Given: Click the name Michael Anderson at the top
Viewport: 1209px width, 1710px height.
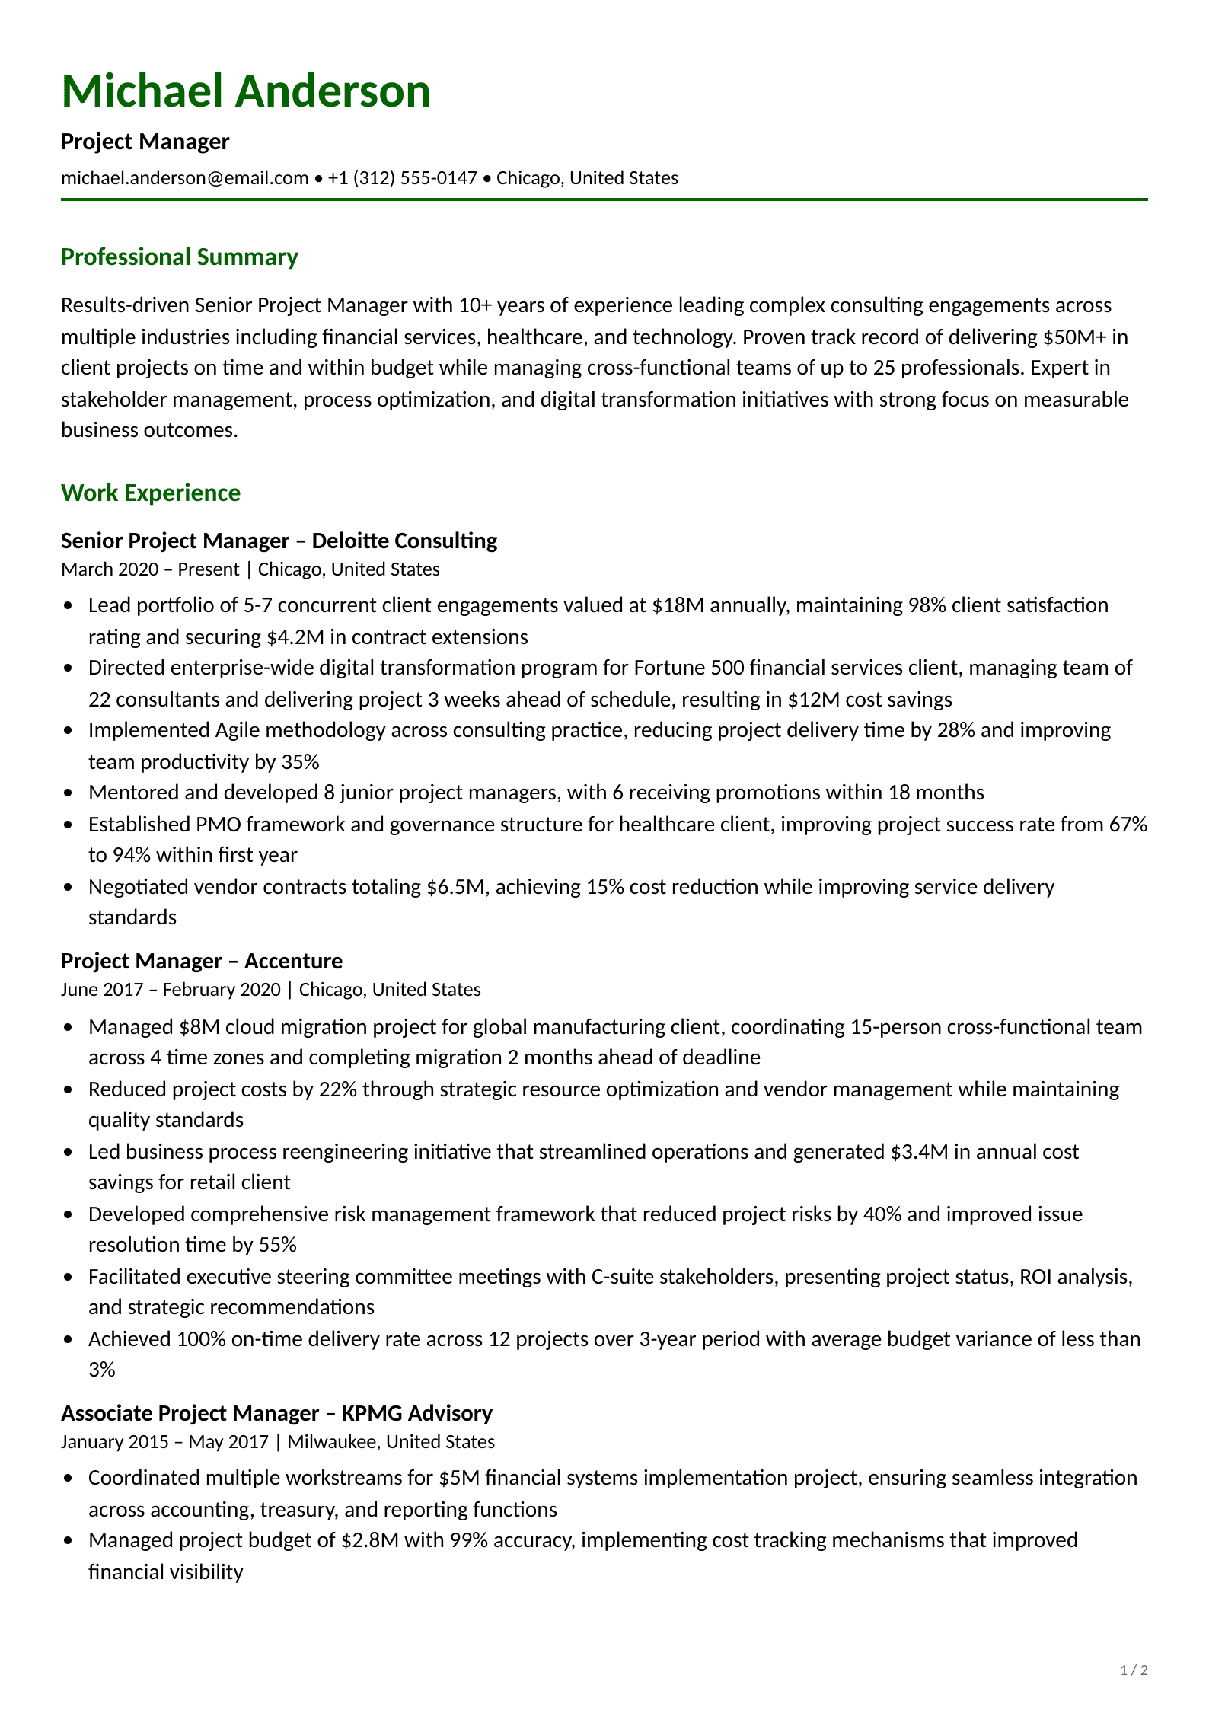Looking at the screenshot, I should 245,91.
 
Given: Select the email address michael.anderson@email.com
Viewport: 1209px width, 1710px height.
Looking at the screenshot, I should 184,178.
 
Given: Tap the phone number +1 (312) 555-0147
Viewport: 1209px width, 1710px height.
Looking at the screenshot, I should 402,178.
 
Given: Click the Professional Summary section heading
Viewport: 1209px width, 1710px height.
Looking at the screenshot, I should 179,257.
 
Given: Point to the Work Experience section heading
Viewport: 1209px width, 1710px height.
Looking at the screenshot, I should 151,493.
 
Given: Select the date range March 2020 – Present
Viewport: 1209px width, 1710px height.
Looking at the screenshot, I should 150,569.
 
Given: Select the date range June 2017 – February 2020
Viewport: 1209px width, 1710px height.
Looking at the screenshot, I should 171,990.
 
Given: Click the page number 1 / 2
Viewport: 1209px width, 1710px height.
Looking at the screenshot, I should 1134,1670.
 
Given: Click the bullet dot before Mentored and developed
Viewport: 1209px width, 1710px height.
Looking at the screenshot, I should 69,793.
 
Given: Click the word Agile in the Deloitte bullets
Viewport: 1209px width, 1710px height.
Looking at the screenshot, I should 237,730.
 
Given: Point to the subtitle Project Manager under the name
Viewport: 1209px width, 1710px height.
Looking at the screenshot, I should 145,142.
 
